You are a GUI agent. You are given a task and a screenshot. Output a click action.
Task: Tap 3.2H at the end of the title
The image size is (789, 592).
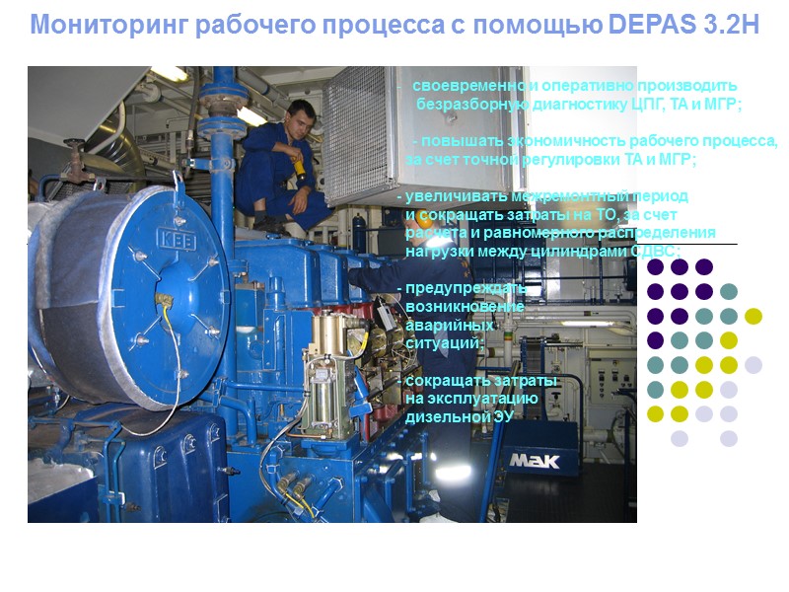(x=732, y=26)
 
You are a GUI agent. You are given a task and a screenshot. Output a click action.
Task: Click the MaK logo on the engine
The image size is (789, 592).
(x=534, y=460)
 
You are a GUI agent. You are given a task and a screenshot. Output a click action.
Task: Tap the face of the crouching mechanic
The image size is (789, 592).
(x=301, y=124)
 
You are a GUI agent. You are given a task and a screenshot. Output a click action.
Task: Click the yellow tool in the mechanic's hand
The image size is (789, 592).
(x=298, y=167)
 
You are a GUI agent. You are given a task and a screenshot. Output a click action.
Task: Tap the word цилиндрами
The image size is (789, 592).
(x=589, y=251)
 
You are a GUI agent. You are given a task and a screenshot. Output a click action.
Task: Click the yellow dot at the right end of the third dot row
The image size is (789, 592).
(x=753, y=316)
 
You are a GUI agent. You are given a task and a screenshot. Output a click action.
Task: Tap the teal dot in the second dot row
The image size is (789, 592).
(x=729, y=291)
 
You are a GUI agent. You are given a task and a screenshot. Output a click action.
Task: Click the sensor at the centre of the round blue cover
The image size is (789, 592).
(x=162, y=296)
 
